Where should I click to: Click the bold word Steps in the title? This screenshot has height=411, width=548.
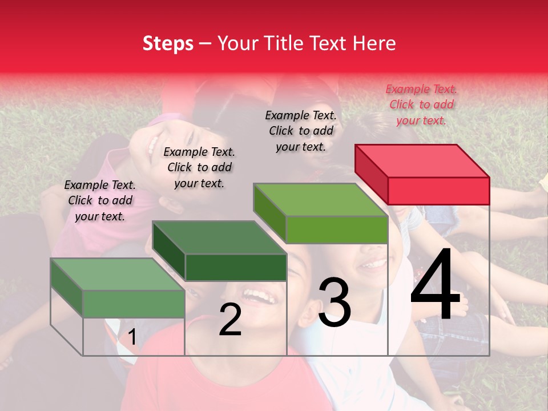pos(168,43)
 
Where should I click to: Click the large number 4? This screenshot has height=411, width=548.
pos(435,285)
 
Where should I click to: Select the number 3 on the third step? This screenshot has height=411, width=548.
pos(335,302)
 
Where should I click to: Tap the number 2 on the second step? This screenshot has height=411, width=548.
pos(230,320)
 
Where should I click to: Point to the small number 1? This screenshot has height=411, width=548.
pos(132,337)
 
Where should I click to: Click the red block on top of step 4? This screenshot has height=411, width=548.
pos(422,174)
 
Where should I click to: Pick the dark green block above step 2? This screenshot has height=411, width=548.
pos(220,251)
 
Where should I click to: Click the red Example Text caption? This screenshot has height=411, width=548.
pos(421,104)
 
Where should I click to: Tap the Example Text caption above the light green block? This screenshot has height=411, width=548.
pos(301,131)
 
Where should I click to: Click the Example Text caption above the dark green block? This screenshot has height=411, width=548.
pos(199,167)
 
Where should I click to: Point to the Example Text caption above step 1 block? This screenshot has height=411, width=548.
pos(100,200)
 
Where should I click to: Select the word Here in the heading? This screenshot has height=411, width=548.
pos(374,43)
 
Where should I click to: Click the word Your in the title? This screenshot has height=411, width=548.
pos(238,43)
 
